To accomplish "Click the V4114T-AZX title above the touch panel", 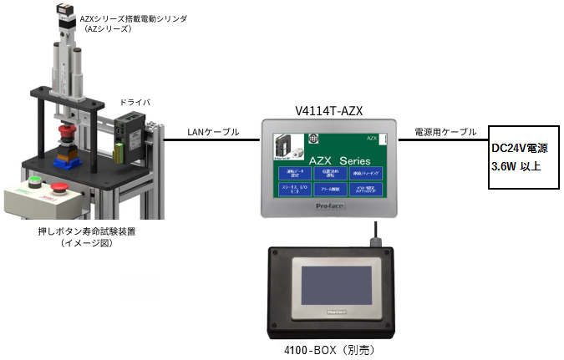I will (328, 110).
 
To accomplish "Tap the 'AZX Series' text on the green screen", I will (340, 159).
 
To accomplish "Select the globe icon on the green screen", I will (314, 138).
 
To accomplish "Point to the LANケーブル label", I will (212, 132).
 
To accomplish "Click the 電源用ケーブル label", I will (446, 132).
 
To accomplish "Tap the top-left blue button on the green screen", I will (293, 172).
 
